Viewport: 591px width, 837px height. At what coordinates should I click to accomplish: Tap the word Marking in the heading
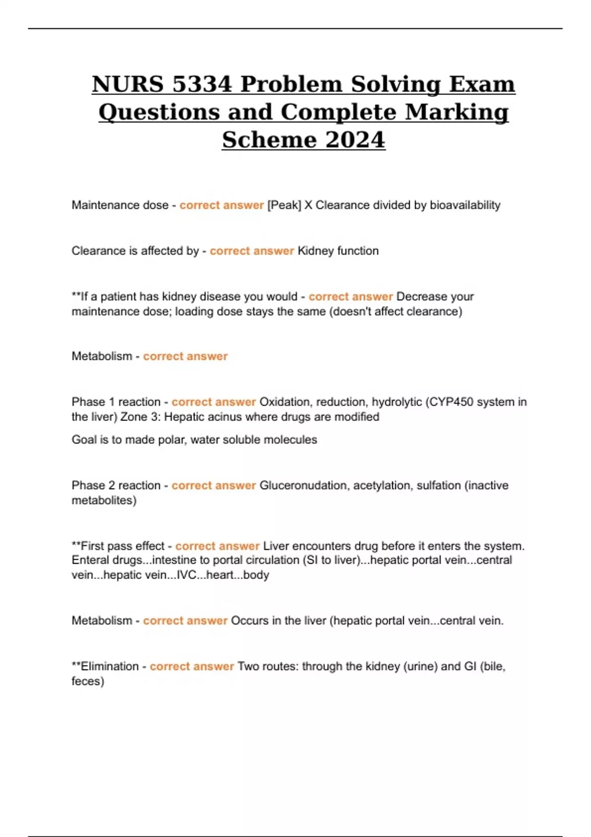coord(457,112)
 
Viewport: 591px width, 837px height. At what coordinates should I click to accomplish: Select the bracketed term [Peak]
coord(284,205)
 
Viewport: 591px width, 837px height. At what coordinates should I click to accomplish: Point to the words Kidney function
coord(338,251)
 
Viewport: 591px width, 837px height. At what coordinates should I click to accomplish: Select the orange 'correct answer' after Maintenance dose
coord(222,205)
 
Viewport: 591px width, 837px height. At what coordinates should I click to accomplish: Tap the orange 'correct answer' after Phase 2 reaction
coord(213,485)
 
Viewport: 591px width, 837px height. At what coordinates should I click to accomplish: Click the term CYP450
coord(452,402)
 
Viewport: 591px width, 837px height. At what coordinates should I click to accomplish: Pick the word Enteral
coord(90,560)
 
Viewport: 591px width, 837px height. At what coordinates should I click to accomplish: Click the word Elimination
coord(109,667)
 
